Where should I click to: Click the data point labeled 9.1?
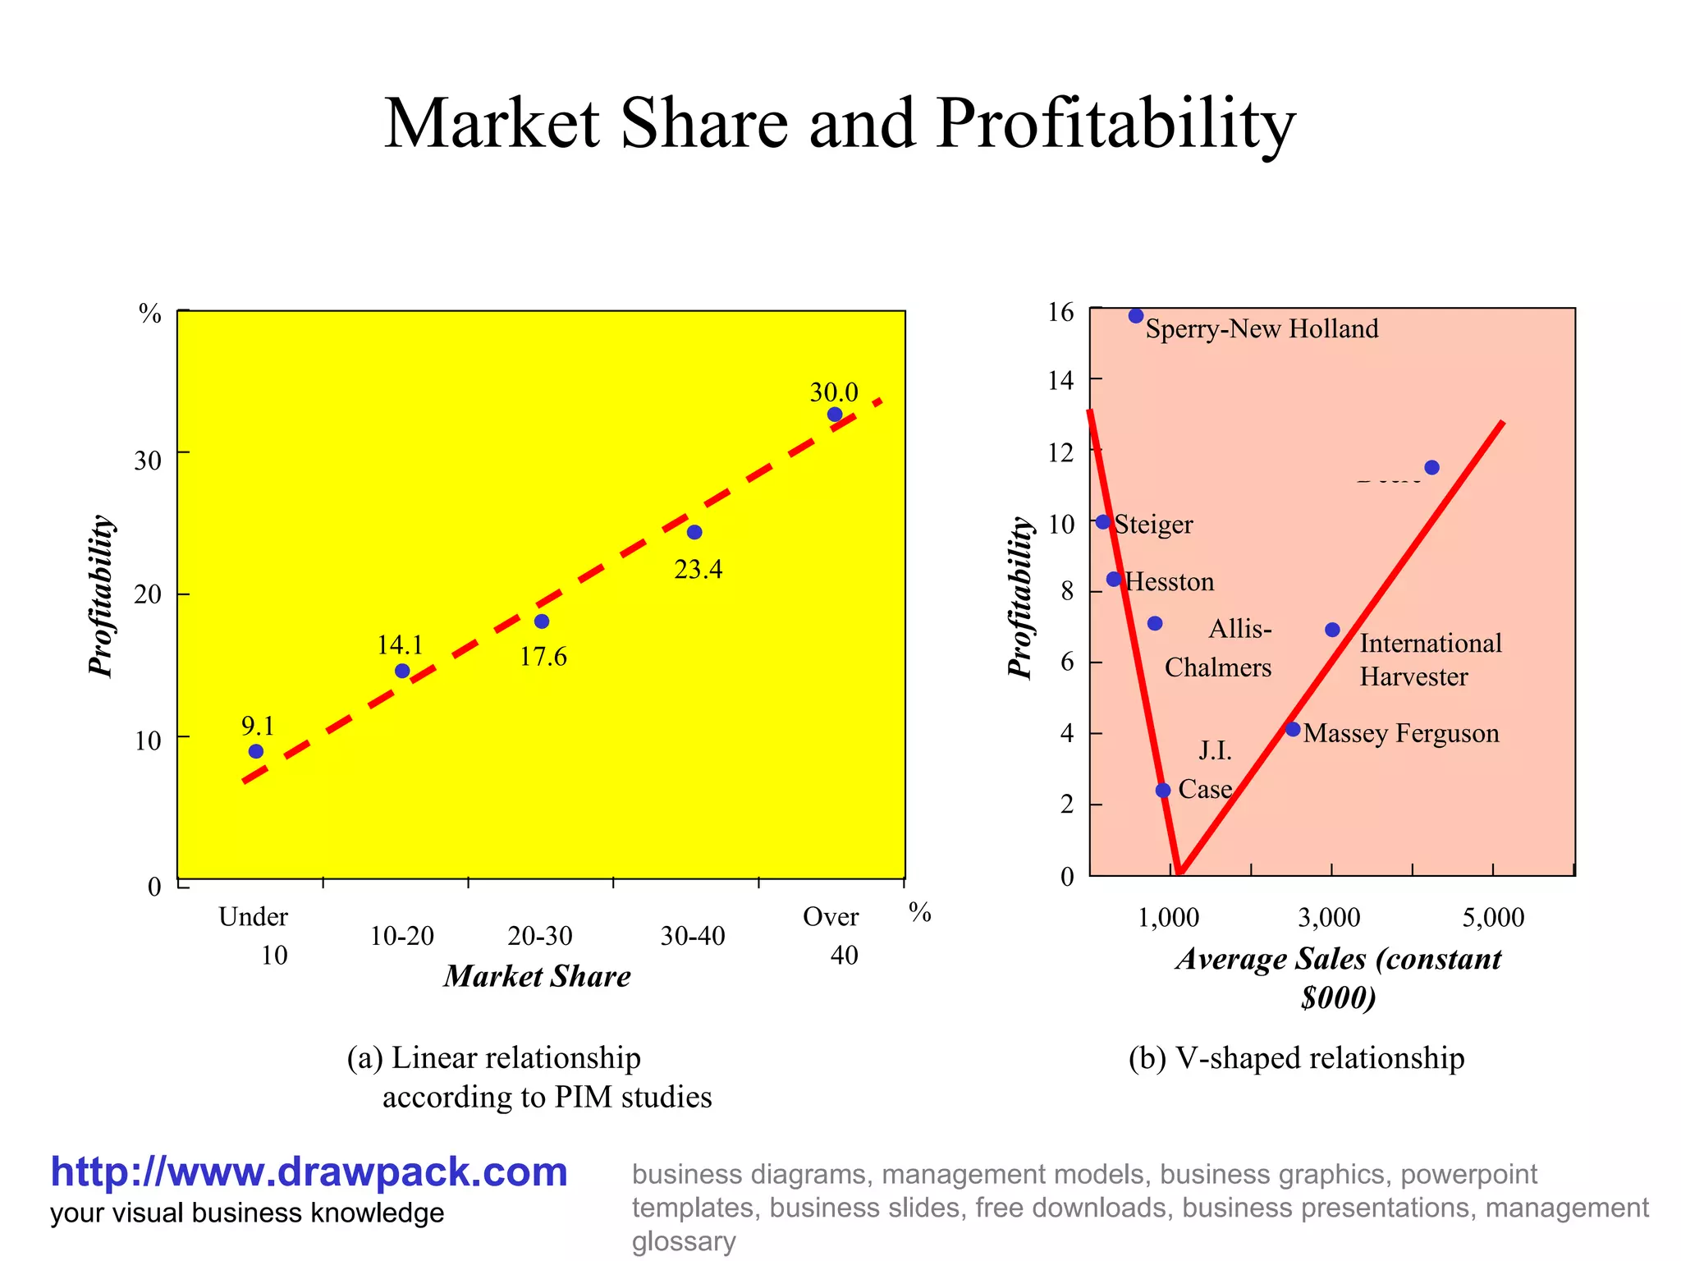255,751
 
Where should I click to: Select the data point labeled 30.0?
834,415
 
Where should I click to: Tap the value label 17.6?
543,657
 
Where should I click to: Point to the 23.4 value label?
698,569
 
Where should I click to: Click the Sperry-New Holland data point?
1136,316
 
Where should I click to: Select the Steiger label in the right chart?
1153,525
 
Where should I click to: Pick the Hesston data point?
1114,580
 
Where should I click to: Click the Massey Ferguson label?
1401,733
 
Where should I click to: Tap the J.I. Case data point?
1163,791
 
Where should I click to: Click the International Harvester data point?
1332,630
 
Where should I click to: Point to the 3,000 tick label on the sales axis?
1329,917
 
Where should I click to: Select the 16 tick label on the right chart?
1061,313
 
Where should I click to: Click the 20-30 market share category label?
540,936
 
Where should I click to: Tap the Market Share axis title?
537,976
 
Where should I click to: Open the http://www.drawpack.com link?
309,1172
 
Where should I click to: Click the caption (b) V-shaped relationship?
1296,1058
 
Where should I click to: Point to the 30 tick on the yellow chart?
149,461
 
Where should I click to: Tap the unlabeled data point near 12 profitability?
1431,467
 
